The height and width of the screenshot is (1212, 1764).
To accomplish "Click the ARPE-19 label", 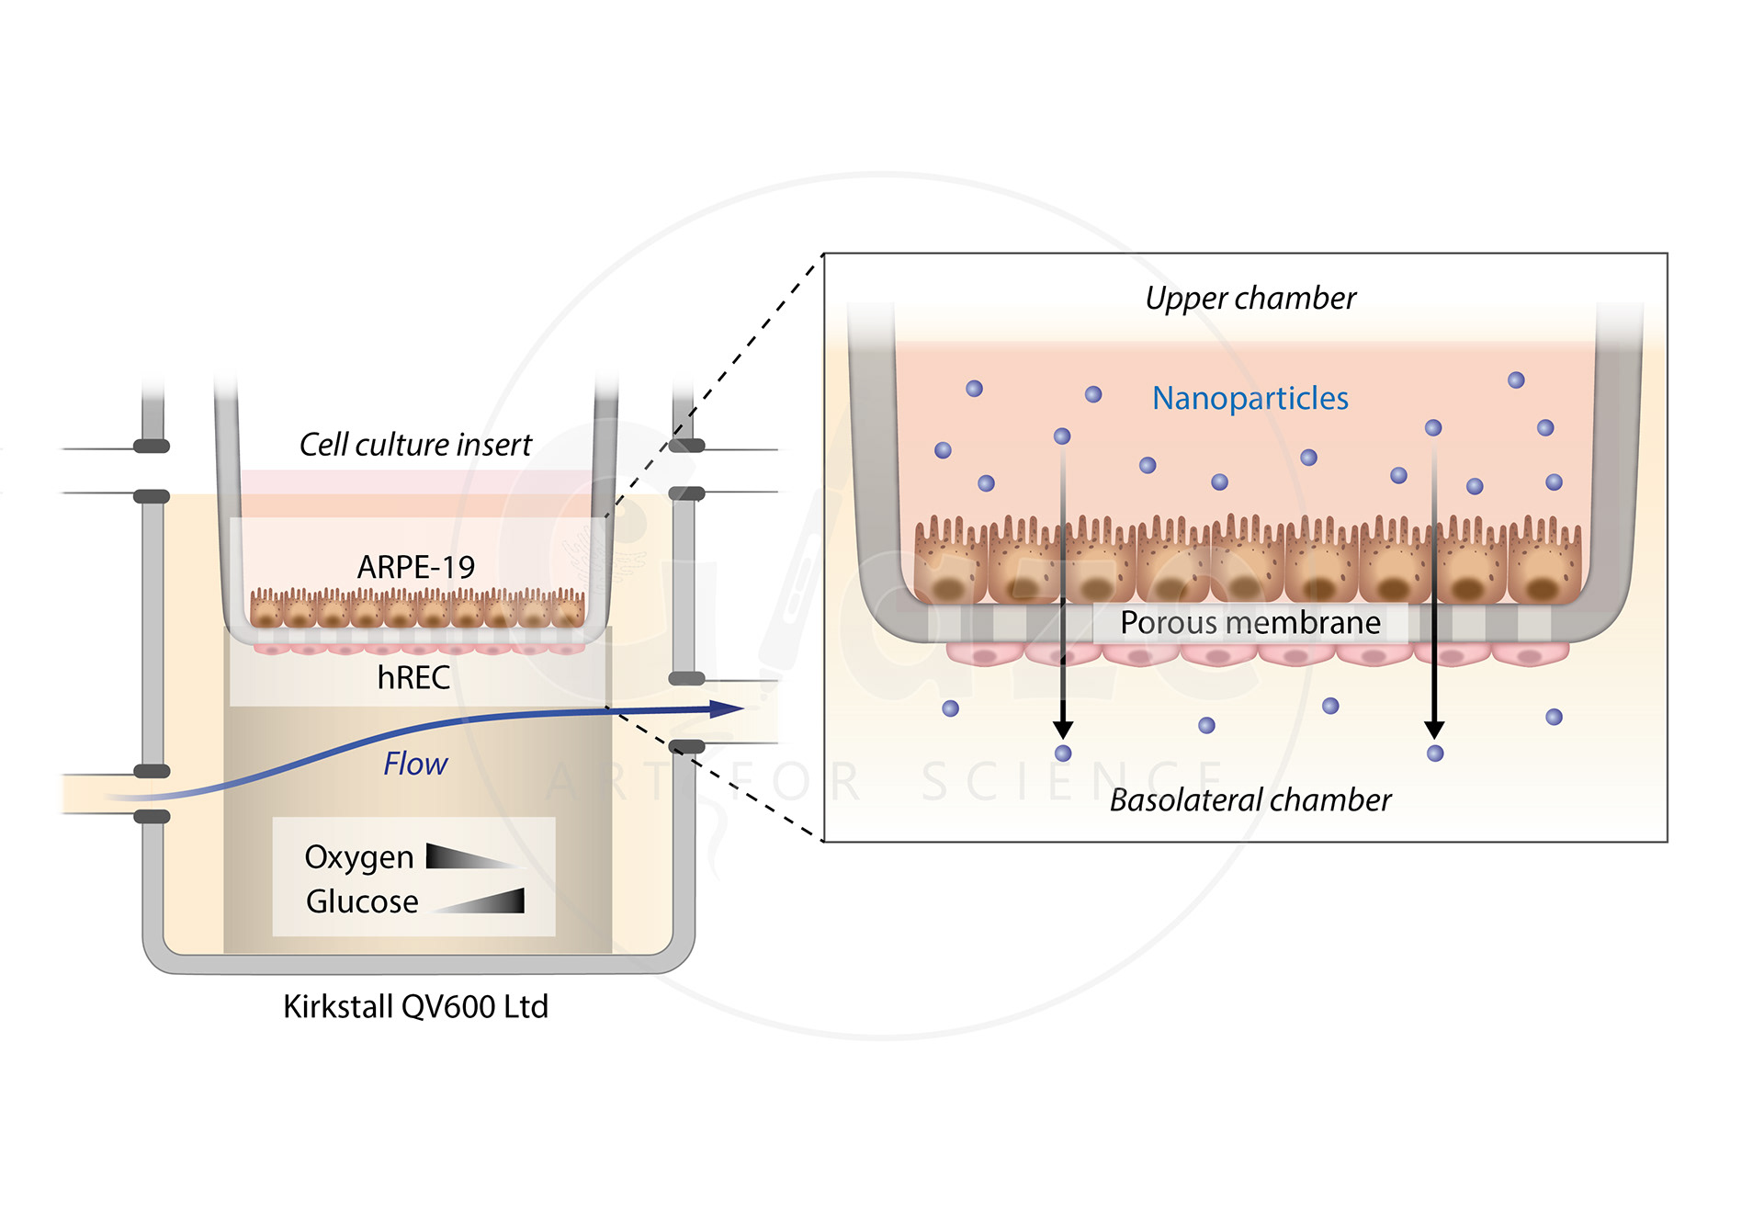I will point(415,567).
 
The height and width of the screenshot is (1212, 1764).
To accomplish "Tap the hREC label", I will point(413,678).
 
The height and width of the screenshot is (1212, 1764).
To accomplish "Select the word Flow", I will point(414,764).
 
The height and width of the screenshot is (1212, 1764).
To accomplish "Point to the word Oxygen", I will point(358,857).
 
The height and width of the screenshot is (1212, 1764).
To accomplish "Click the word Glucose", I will point(361,901).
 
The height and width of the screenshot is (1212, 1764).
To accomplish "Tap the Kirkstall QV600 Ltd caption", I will point(415,1006).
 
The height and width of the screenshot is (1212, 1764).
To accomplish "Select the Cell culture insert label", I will point(415,445).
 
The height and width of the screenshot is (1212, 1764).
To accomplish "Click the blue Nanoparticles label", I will point(1249,398).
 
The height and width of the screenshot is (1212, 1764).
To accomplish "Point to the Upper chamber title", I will point(1249,298).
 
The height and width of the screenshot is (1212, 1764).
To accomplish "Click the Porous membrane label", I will point(1249,623).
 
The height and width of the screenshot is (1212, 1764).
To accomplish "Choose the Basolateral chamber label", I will point(1249,799).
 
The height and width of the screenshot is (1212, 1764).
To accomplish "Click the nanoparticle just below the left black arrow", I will point(1063,753).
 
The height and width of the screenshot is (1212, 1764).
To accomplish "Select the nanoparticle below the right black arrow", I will point(1435,753).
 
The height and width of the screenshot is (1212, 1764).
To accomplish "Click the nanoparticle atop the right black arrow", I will point(1433,427).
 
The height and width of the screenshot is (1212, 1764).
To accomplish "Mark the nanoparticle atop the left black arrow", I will point(1062,436).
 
